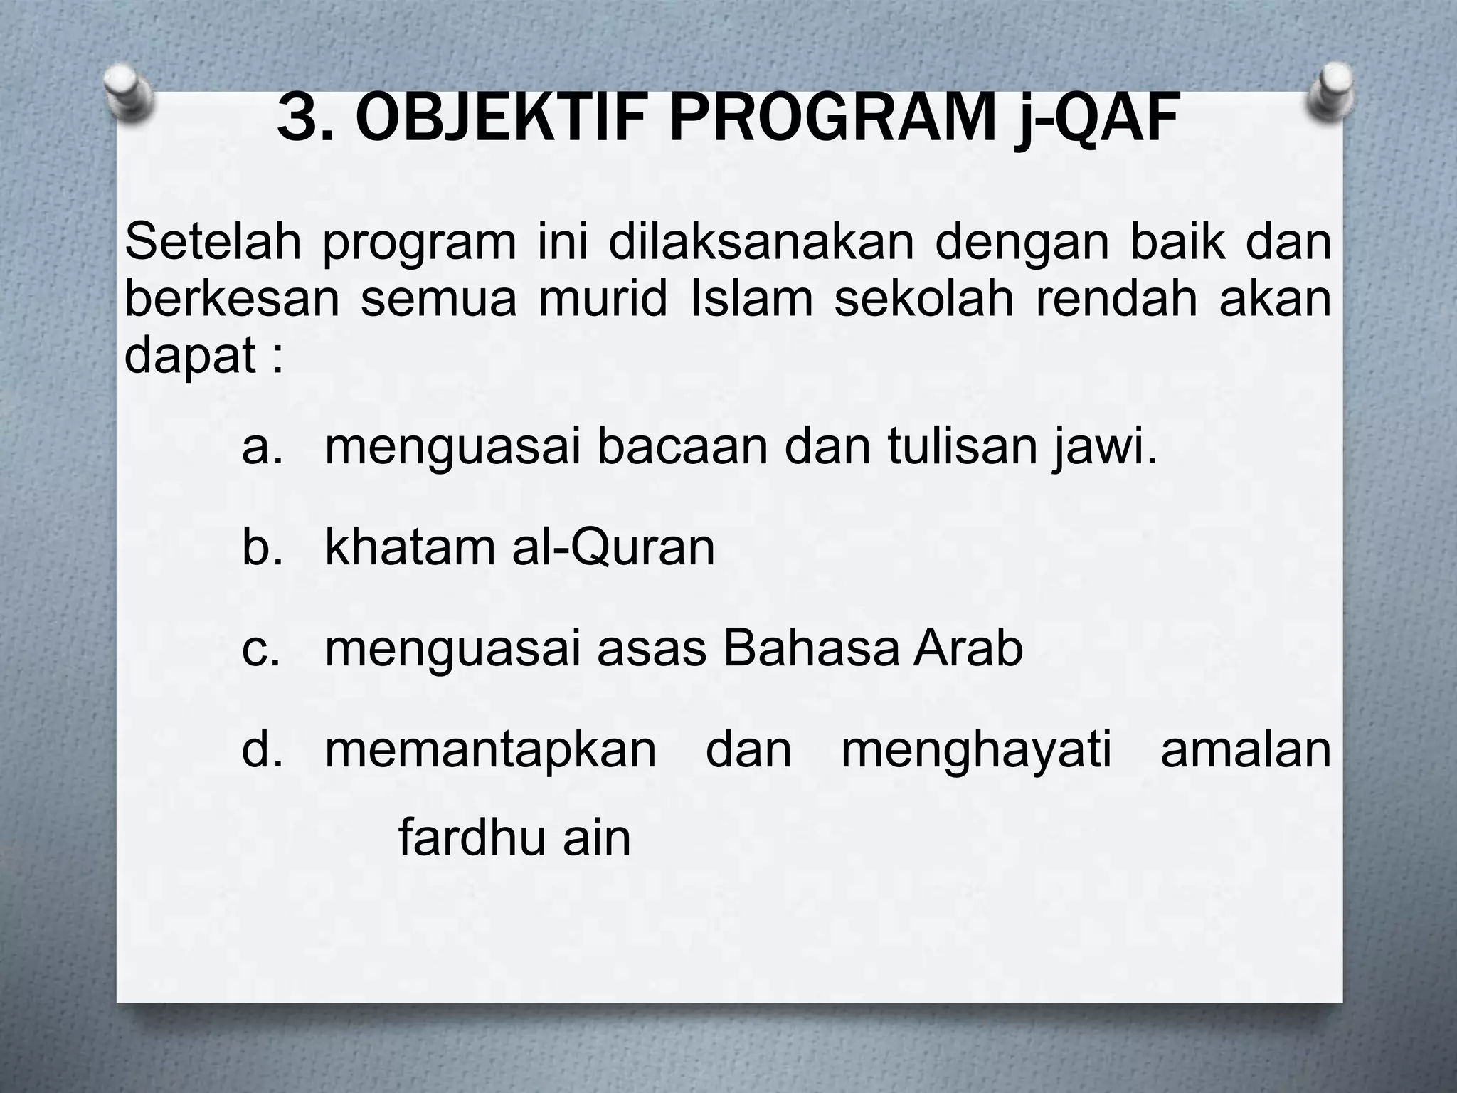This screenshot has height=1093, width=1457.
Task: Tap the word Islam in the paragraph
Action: (x=751, y=298)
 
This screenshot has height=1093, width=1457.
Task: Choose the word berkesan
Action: (x=232, y=298)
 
